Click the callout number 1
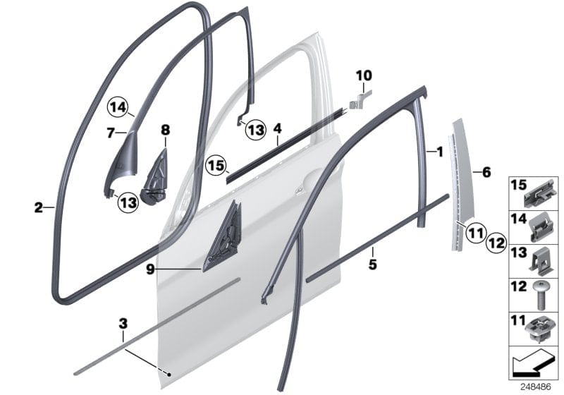[x=440, y=151]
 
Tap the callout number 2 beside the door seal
[x=37, y=207]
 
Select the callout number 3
[x=123, y=324]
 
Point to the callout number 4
[x=278, y=129]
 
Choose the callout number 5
[x=373, y=265]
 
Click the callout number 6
[x=484, y=171]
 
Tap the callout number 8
[x=166, y=130]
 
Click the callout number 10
[x=364, y=75]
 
